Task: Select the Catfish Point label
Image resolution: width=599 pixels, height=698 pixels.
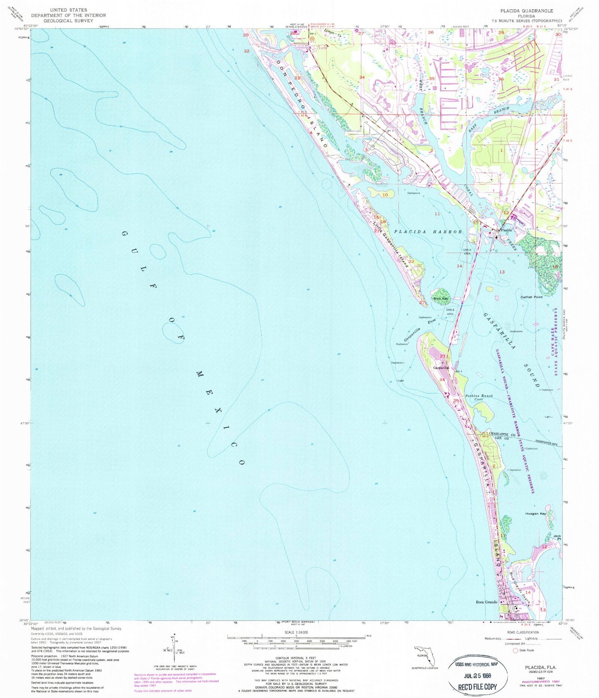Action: click(532, 297)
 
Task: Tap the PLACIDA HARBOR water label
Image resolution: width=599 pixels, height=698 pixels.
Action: click(427, 232)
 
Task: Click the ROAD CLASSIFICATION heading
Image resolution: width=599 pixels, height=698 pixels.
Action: click(523, 632)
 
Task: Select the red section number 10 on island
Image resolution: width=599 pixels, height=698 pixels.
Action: click(385, 195)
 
